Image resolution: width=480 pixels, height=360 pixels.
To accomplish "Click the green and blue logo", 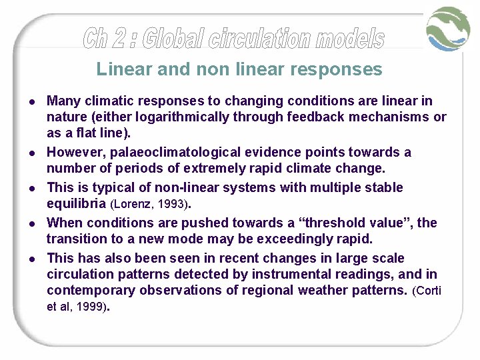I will (x=449, y=29).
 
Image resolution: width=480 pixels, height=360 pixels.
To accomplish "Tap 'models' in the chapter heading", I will (x=351, y=39).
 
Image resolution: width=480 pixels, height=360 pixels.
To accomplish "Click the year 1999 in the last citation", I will (x=91, y=307).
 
